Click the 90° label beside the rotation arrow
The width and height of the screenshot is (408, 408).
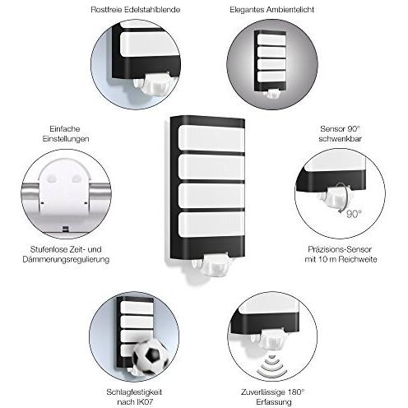click(x=354, y=213)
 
